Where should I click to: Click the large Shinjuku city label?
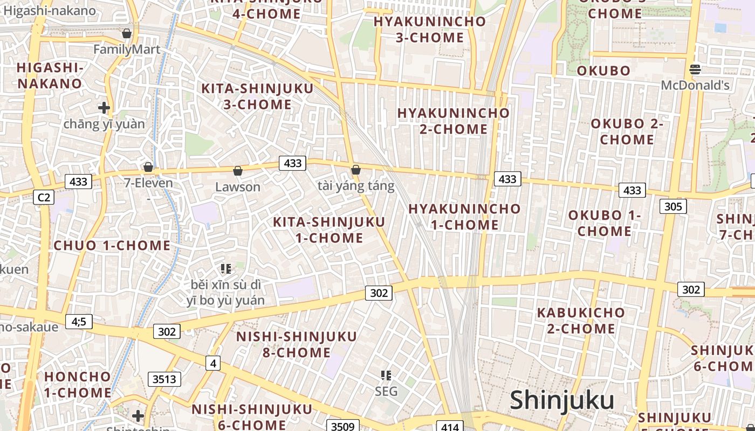point(562,401)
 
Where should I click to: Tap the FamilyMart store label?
point(127,50)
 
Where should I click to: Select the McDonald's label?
point(695,85)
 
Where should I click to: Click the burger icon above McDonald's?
point(695,69)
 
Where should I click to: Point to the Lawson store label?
point(238,187)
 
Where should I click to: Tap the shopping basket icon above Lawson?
point(237,171)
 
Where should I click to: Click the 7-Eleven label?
point(149,183)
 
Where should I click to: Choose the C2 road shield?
point(44,197)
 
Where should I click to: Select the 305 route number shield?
point(673,206)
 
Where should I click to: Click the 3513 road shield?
point(164,379)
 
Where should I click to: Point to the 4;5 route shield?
point(79,322)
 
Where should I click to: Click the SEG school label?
point(386,391)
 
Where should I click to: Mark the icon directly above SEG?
point(386,375)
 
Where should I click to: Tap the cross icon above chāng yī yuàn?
point(104,108)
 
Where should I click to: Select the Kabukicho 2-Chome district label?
point(581,321)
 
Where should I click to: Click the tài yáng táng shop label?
point(356,186)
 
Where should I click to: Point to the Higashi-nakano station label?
point(50,11)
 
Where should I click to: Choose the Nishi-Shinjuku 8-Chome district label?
point(297,345)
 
